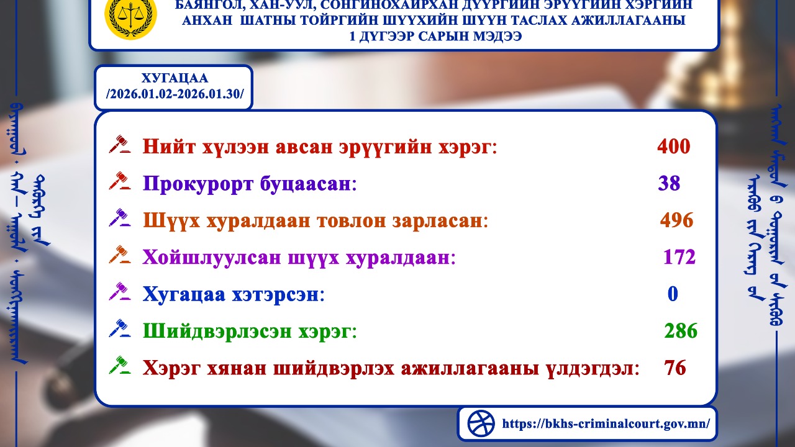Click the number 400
coord(673,147)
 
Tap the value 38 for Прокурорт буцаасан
coord(669,184)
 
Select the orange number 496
coord(676,220)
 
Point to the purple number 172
coord(679,257)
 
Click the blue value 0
coord(673,294)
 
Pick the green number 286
coord(681,331)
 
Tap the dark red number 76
coord(675,368)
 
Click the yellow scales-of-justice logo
coord(130,17)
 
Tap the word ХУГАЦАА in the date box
coord(174,79)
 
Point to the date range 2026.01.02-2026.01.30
coord(175,94)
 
